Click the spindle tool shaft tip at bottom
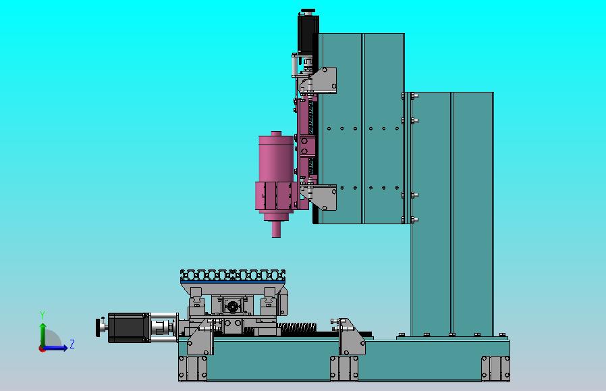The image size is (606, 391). (x=276, y=230)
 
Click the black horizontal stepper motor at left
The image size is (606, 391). (x=129, y=327)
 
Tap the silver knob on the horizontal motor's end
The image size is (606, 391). (x=102, y=328)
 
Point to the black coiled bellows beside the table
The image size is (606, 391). (x=297, y=328)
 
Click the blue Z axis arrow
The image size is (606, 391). (x=59, y=348)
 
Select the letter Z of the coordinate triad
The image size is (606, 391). (x=72, y=344)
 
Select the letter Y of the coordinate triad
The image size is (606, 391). (x=43, y=315)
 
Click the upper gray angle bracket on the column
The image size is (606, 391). (x=325, y=80)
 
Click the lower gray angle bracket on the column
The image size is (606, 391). (x=326, y=197)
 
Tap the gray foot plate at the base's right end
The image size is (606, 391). (x=495, y=369)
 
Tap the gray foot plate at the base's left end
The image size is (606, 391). (x=193, y=369)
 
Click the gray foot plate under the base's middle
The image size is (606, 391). (x=344, y=369)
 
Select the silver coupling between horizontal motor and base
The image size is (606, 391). (x=163, y=327)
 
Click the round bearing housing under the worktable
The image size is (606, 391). (x=232, y=307)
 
